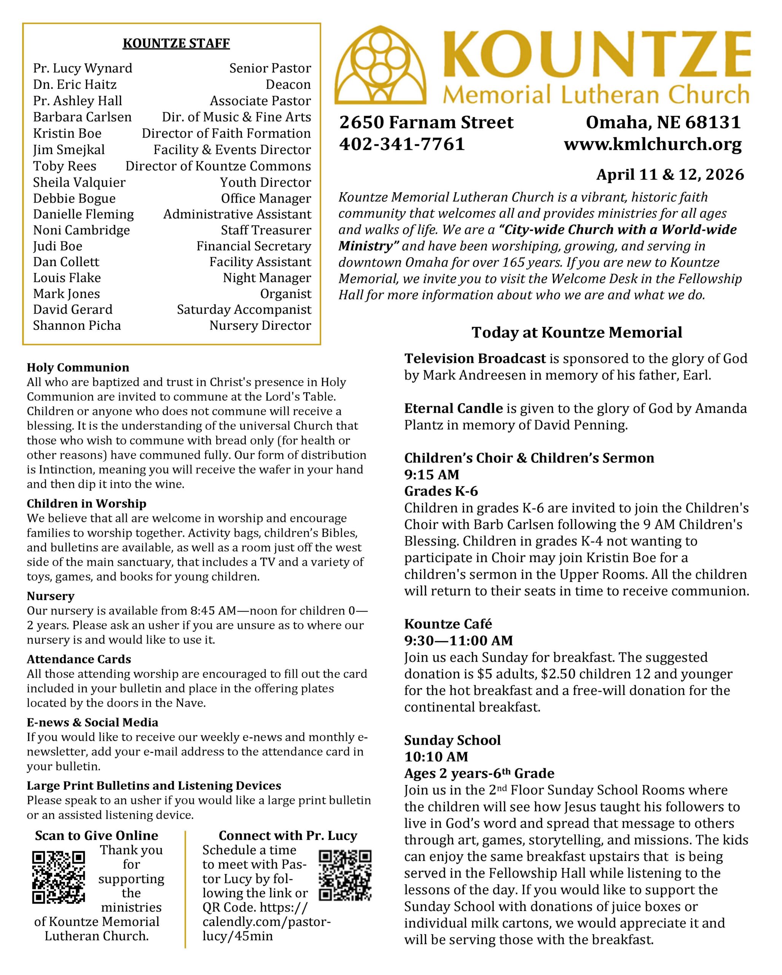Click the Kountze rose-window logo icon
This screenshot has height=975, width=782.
(381, 65)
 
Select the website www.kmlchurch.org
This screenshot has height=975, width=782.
(652, 144)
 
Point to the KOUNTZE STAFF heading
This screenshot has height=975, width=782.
(176, 43)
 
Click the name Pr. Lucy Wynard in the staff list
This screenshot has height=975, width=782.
(83, 68)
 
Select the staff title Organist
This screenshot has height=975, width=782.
(285, 294)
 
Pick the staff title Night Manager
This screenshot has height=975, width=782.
(267, 278)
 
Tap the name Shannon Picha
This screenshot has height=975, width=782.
(77, 326)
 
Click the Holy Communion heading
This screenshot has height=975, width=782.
(78, 367)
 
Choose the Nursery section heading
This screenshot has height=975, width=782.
(51, 596)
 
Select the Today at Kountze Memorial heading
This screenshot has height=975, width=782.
(577, 332)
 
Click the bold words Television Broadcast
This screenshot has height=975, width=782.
(475, 359)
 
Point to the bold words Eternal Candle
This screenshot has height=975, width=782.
(453, 408)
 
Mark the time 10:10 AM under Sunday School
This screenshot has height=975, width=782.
(436, 756)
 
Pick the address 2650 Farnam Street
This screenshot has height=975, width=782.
(426, 122)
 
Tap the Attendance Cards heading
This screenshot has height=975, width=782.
(79, 659)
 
